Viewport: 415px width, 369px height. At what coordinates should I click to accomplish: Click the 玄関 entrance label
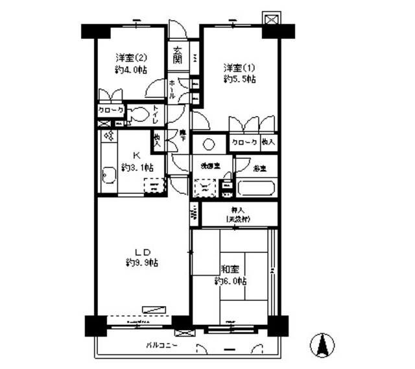tap(177, 57)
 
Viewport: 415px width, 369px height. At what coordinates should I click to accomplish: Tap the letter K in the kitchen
tap(137, 155)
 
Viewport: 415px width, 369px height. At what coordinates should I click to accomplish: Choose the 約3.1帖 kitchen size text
tap(137, 167)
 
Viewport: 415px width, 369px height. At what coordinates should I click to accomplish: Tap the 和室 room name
tap(231, 270)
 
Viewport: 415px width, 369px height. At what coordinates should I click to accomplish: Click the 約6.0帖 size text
tap(231, 281)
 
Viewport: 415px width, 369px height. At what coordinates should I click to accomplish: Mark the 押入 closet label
tap(237, 210)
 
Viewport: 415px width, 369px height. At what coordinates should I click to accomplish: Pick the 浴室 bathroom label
tap(260, 167)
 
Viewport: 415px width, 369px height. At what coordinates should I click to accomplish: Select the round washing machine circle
tap(209, 146)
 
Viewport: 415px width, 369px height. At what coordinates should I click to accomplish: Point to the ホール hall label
tap(172, 89)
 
